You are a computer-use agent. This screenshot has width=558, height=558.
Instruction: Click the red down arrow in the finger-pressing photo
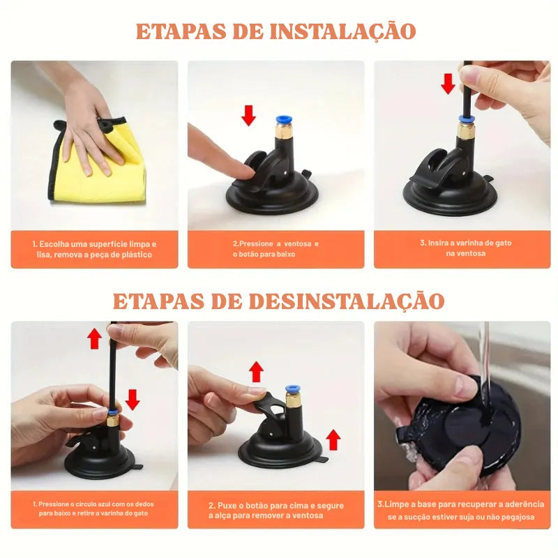tap(248, 114)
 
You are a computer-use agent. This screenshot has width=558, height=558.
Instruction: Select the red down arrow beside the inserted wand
tap(448, 83)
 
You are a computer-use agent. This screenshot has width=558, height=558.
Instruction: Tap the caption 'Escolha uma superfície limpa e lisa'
tap(94, 249)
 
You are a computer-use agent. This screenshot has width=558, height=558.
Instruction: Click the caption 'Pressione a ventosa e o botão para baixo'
tap(276, 249)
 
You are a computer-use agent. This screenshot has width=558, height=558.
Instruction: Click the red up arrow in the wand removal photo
tap(94, 339)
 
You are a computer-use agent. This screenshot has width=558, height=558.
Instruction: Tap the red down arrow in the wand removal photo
tap(133, 399)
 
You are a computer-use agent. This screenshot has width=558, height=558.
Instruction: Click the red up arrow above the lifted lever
tap(257, 371)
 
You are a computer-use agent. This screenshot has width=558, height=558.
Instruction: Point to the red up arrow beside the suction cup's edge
tap(333, 439)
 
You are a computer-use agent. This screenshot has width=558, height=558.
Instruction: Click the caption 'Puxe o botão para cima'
tap(276, 510)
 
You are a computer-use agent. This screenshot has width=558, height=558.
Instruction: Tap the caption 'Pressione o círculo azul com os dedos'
tap(94, 508)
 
